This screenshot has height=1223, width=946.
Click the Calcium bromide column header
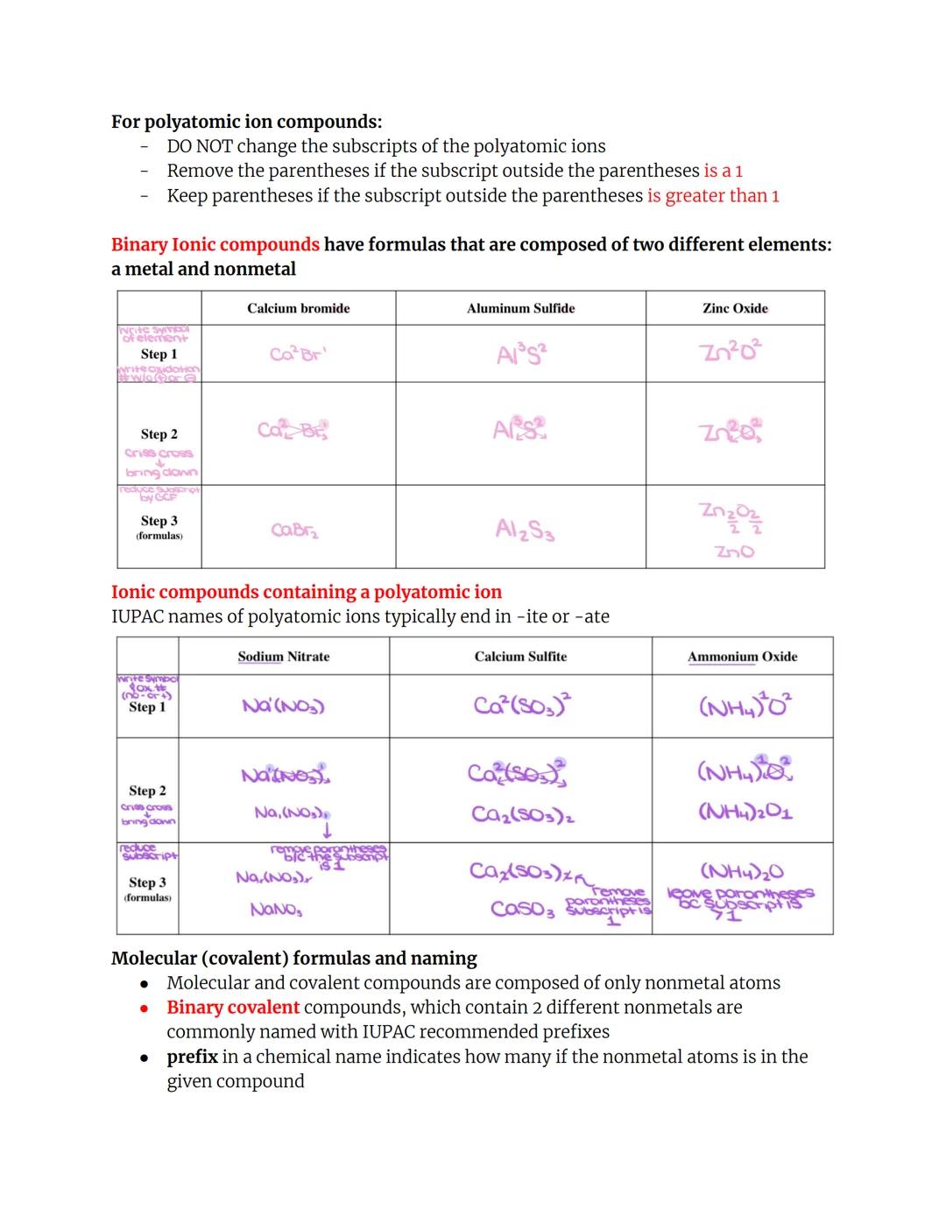click(298, 308)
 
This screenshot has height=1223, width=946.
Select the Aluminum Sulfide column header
click(520, 308)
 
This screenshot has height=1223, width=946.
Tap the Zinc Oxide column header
click(735, 308)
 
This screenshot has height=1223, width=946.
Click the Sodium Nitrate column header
click(284, 657)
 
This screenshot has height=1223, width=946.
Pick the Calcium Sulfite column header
click(520, 657)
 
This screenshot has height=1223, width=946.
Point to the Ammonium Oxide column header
click(742, 657)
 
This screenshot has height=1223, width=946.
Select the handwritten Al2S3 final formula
click(525, 530)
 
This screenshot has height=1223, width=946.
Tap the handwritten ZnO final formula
click(734, 552)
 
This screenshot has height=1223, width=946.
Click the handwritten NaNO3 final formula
click(277, 910)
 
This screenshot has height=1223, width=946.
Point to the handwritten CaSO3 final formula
click(523, 908)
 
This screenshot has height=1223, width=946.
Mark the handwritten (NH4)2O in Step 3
click(742, 871)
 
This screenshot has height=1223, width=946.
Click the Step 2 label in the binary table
click(159, 434)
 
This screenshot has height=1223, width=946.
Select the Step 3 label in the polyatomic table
click(147, 882)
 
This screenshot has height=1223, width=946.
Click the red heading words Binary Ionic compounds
click(215, 244)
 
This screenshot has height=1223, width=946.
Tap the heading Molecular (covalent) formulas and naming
click(294, 958)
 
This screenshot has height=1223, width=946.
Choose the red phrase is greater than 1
click(713, 195)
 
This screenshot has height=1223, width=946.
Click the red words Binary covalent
click(233, 1007)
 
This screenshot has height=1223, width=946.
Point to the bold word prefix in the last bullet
click(192, 1056)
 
